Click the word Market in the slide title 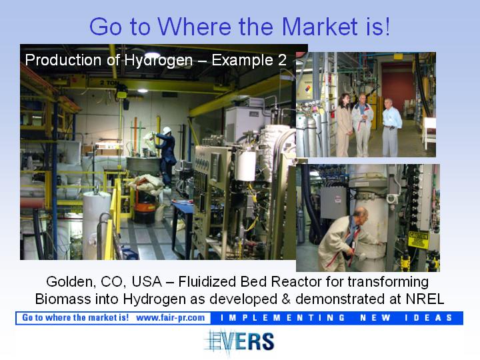319,26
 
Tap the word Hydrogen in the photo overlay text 158,61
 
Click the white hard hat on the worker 167,131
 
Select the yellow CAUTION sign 419,240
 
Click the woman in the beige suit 344,125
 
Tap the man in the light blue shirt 391,127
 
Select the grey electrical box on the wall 333,202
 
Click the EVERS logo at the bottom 240,342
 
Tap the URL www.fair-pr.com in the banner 171,318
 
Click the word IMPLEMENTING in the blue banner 283,318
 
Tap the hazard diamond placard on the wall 308,90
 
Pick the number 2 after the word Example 282,60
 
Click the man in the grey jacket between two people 363,126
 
